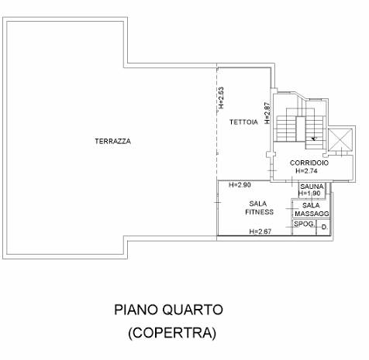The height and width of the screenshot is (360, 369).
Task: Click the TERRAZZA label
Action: [112, 142]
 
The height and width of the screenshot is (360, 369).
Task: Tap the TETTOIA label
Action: [243, 122]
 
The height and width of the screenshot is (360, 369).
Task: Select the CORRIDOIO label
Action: [309, 163]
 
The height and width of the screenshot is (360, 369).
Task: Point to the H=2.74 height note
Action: [307, 171]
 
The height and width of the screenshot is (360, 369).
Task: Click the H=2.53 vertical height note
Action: [221, 98]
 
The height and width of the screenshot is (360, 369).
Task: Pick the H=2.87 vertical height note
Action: [267, 113]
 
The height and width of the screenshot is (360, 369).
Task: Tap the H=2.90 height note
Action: [240, 185]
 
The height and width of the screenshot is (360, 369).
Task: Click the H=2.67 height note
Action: [260, 231]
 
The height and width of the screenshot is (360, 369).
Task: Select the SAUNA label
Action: [312, 187]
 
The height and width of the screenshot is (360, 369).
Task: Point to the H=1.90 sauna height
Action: [309, 194]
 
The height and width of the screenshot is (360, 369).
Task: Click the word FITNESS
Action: [259, 212]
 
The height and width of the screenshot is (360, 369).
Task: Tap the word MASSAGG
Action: [312, 214]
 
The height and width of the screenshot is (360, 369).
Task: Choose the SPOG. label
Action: [305, 224]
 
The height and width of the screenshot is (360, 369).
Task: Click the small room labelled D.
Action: [323, 228]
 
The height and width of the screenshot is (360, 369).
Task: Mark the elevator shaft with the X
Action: [340, 139]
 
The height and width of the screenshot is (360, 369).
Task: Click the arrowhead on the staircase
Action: [314, 139]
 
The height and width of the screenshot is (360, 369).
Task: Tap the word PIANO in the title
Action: [136, 310]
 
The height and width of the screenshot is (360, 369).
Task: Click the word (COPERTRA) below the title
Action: [172, 333]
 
